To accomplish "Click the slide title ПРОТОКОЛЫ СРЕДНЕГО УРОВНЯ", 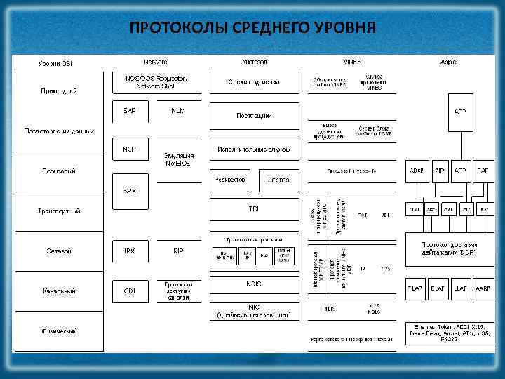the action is pyautogui.click(x=252, y=27).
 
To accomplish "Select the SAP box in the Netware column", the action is pyautogui.click(x=130, y=111).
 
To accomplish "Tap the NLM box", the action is pyautogui.click(x=178, y=111).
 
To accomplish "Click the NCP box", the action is pyautogui.click(x=130, y=149).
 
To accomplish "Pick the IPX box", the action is pyautogui.click(x=130, y=251).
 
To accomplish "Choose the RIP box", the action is pyautogui.click(x=178, y=251).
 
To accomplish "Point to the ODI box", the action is pyautogui.click(x=130, y=291).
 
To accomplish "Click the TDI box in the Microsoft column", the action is pyautogui.click(x=254, y=209).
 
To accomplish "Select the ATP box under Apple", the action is pyautogui.click(x=460, y=112).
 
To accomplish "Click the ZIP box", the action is pyautogui.click(x=439, y=171).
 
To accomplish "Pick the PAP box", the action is pyautogui.click(x=483, y=171).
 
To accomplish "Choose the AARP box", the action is pyautogui.click(x=483, y=288).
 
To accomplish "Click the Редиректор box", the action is pyautogui.click(x=230, y=180).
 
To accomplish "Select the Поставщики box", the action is pyautogui.click(x=254, y=115).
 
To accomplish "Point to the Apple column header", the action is pyautogui.click(x=448, y=62).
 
